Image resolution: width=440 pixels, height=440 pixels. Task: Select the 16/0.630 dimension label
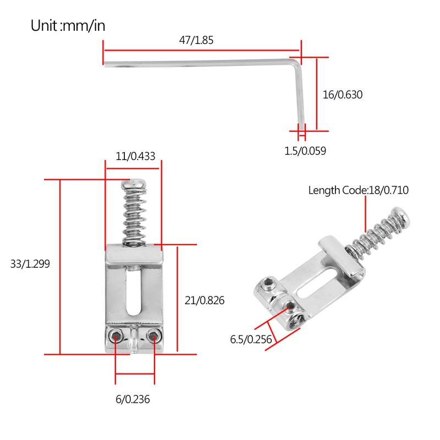(x=343, y=95)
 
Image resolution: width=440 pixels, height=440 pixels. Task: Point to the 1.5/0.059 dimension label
(x=305, y=151)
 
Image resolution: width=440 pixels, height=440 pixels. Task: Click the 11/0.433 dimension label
(x=135, y=156)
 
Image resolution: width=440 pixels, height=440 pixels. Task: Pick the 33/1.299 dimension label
(x=30, y=263)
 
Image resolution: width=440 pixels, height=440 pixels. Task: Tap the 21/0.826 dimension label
(x=205, y=300)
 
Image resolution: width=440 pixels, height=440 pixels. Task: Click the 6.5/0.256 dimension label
(x=251, y=339)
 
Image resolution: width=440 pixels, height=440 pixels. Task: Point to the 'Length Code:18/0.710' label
(x=358, y=190)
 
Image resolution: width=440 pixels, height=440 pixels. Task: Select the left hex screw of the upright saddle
(x=116, y=337)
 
